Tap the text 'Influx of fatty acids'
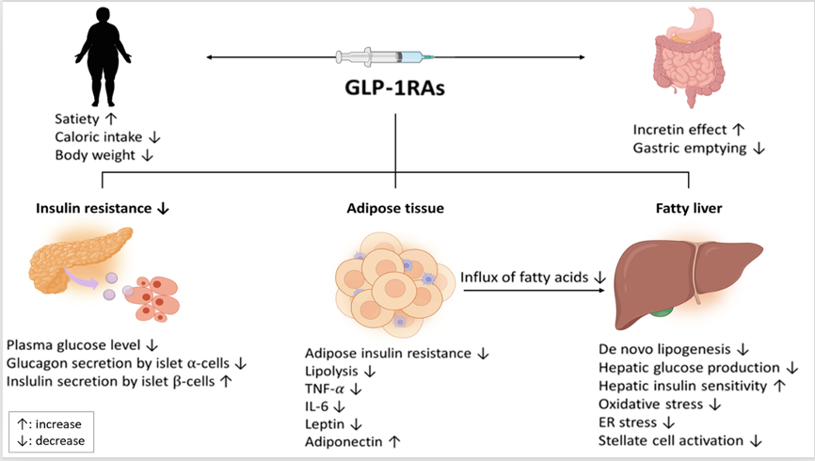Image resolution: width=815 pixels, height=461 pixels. coord(522,278)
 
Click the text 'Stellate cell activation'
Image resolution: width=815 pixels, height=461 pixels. coord(671,439)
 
